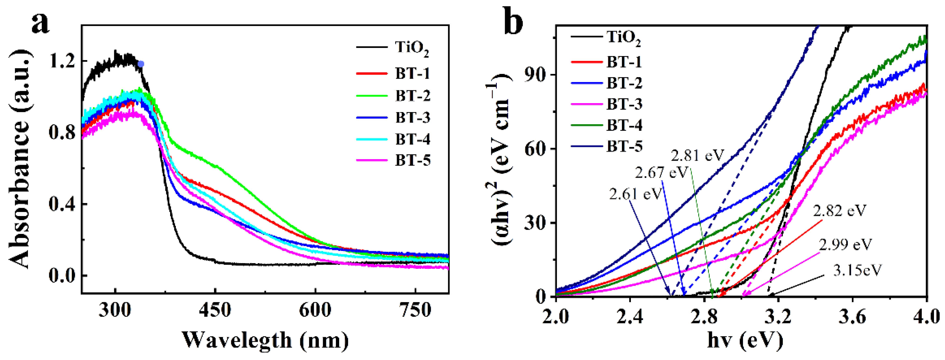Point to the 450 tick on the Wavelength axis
[x=215, y=311]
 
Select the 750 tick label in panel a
[x=415, y=311]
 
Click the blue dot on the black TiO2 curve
[x=141, y=64]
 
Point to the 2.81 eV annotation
[x=697, y=156]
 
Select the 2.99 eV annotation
[x=845, y=244]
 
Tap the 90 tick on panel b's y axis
[x=535, y=75]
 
